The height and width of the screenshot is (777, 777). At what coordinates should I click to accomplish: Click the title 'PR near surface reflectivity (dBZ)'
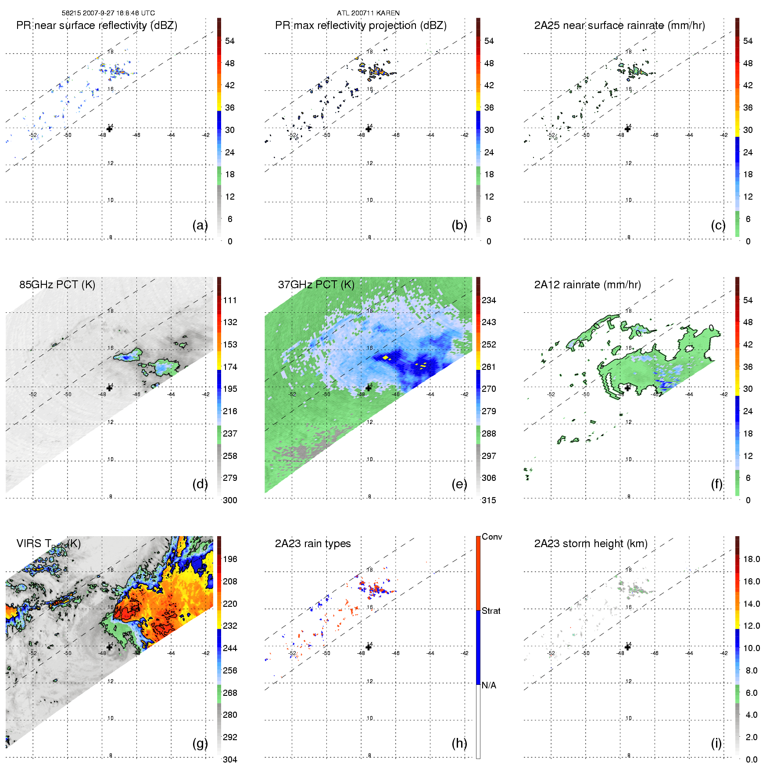[97, 25]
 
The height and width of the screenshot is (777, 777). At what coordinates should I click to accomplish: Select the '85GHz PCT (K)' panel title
[57, 285]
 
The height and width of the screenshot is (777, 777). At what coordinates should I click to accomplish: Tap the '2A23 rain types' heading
[312, 544]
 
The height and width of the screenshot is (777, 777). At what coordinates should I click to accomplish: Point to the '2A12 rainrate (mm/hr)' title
[587, 285]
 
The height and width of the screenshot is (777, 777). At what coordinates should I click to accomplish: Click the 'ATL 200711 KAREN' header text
[368, 13]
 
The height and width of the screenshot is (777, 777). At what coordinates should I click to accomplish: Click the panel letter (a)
[200, 225]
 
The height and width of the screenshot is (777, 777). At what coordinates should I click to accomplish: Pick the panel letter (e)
[459, 484]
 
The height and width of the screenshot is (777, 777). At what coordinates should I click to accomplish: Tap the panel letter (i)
[716, 743]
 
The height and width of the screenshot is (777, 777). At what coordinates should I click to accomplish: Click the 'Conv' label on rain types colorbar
[492, 537]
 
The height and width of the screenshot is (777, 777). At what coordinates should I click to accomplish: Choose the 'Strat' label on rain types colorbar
[491, 611]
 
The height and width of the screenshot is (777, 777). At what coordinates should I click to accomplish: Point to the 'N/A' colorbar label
[489, 685]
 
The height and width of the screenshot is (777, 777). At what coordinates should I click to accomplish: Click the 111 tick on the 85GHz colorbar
[230, 300]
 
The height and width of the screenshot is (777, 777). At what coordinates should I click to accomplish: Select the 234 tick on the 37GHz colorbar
[489, 300]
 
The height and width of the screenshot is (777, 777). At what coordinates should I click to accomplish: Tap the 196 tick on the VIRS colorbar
[230, 559]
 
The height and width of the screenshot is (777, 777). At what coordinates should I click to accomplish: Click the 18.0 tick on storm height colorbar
[751, 559]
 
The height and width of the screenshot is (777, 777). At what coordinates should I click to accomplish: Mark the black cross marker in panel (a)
[109, 129]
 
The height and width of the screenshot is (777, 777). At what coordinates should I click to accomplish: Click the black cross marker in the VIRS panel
[109, 647]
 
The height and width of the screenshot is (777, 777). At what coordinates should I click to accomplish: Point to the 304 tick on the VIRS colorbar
[230, 759]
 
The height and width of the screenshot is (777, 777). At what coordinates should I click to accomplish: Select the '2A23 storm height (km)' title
[591, 544]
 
